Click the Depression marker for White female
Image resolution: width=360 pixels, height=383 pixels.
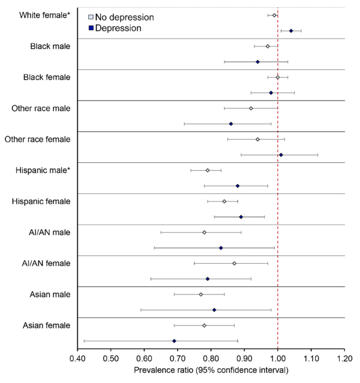(x=291, y=31)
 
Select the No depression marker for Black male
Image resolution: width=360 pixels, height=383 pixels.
(x=268, y=46)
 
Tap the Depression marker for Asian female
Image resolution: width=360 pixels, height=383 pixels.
(x=174, y=341)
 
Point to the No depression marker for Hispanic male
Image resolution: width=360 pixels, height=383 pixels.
(x=207, y=170)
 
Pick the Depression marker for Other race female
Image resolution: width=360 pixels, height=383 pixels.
(x=281, y=155)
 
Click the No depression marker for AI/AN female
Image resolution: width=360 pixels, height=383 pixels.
(x=234, y=263)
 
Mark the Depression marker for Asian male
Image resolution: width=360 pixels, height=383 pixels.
(x=214, y=310)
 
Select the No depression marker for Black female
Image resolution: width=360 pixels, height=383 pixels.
(x=278, y=77)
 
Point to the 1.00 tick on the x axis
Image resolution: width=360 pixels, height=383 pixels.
(x=278, y=359)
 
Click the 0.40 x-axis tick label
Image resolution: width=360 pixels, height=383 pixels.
(x=78, y=359)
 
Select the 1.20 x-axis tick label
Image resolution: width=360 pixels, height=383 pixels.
(x=345, y=359)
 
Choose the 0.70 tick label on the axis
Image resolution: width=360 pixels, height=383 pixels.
(x=177, y=359)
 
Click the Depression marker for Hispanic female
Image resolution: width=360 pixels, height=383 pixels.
(x=241, y=217)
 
